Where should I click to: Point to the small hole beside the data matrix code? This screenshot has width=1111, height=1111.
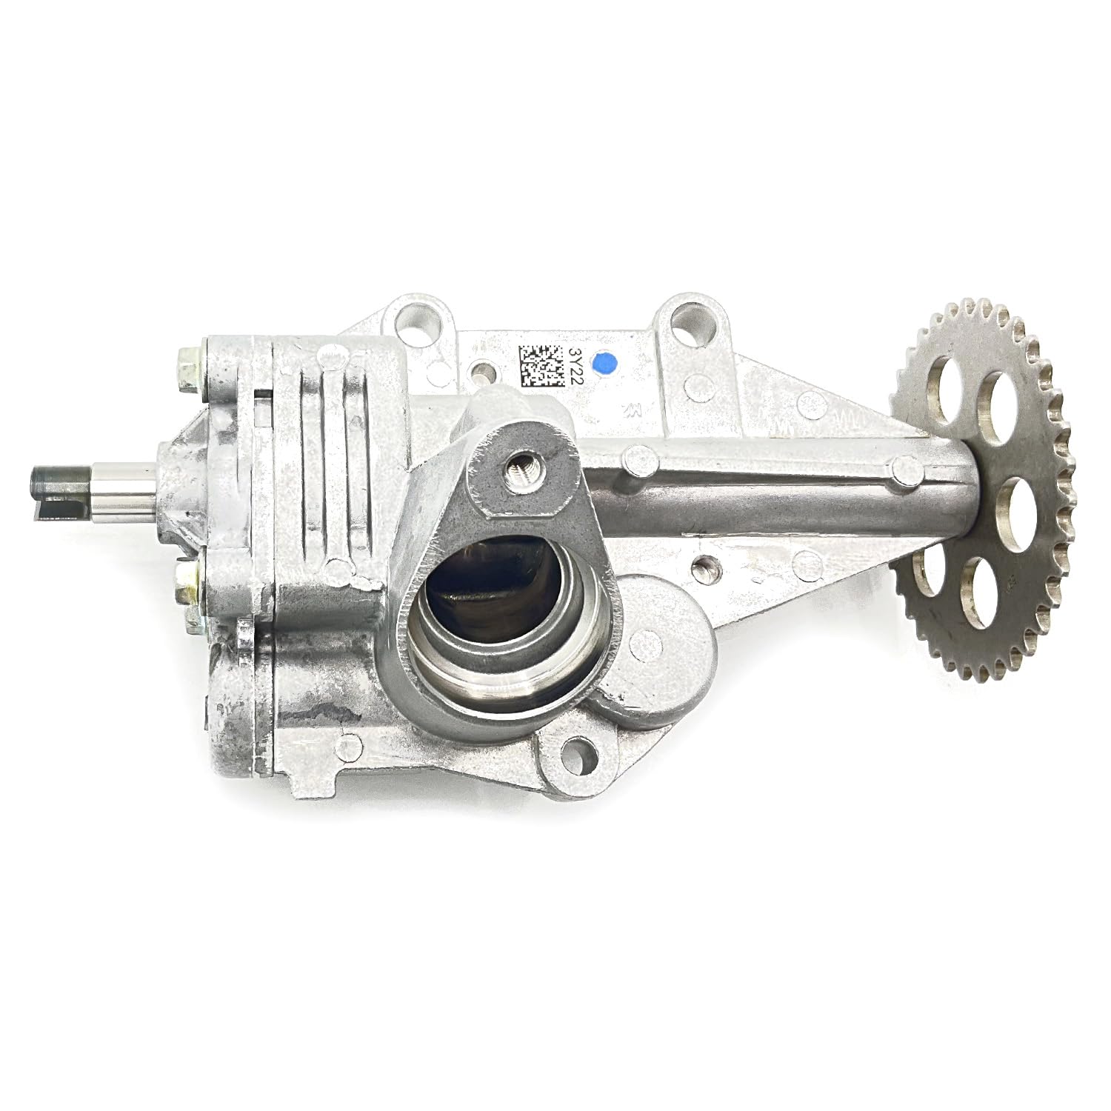pyautogui.click(x=485, y=368)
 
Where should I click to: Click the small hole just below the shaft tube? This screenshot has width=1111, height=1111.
pyautogui.click(x=704, y=569)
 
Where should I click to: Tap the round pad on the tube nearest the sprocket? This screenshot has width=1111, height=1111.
pyautogui.click(x=901, y=466)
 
